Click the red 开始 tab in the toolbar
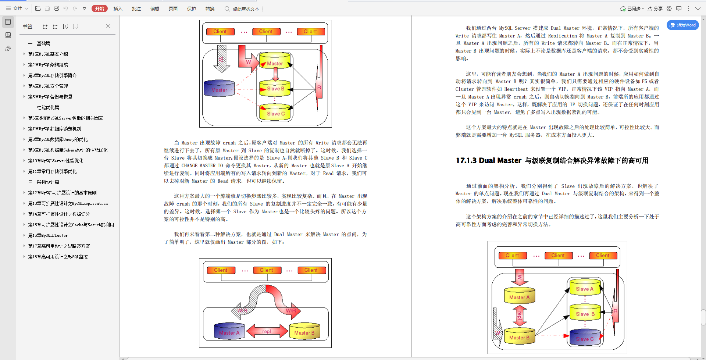99,8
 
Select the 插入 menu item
118,8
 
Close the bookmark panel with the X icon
108,26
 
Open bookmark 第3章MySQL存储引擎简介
52,75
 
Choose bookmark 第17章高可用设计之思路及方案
59,246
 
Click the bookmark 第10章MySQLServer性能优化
56,161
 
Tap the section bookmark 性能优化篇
48,107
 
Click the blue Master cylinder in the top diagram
219,89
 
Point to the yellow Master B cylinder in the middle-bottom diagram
304,331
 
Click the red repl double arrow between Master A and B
267,331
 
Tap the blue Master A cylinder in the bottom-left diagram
229,331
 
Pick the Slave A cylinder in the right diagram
585,288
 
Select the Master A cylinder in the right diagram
519,296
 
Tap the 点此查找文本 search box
246,9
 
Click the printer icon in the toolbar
57,8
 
